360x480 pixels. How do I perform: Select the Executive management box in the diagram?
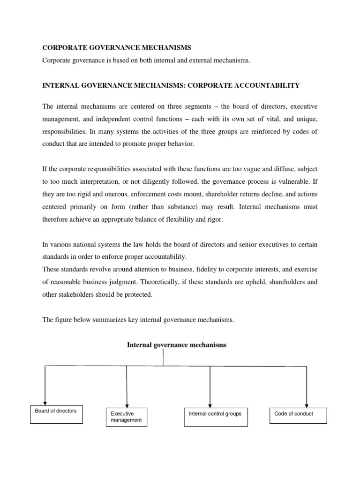(x=127, y=417)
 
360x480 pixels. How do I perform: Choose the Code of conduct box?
(x=298, y=415)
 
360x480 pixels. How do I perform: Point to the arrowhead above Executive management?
(x=127, y=404)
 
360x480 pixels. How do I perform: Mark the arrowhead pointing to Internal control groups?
(x=210, y=404)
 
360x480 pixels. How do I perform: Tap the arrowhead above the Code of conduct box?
(x=307, y=404)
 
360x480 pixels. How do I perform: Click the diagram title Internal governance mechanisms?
(x=177, y=345)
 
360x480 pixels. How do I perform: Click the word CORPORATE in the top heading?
(x=62, y=48)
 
